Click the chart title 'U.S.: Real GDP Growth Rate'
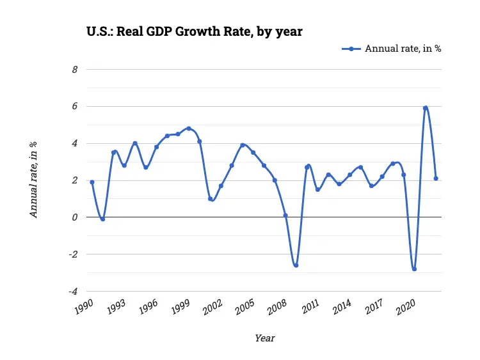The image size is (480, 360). coord(195,31)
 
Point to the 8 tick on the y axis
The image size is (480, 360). coord(74,69)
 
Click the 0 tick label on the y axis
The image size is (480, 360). coord(74,217)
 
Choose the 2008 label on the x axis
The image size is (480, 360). coord(278,306)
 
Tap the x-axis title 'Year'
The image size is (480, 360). coord(264,338)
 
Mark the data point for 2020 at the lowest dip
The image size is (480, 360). coord(414,269)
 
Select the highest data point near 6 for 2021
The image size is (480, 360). coord(425,108)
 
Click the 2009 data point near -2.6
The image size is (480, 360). coord(296,265)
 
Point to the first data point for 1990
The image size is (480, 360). coord(92,182)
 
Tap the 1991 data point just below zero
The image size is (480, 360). coord(103,219)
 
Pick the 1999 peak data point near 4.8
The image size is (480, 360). coord(189,129)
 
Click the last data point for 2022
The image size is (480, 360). coord(436,178)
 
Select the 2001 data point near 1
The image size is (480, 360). coord(210,199)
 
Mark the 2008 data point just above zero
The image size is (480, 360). coord(285,215)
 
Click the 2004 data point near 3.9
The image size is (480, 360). coord(243,145)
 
